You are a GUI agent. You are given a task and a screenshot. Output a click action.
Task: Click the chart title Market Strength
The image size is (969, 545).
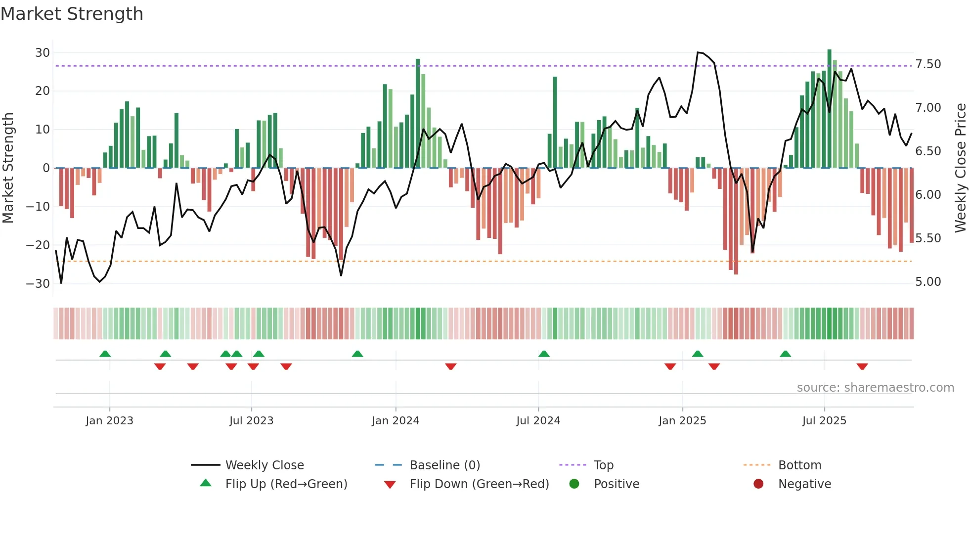point(72,14)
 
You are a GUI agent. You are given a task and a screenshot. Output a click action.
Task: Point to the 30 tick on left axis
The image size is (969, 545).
point(43,52)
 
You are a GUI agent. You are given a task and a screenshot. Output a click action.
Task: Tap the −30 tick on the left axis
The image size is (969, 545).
point(38,283)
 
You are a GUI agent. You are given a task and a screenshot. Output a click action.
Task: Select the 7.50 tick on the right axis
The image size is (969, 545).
point(928,64)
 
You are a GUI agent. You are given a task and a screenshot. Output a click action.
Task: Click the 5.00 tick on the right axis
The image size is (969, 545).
point(928,282)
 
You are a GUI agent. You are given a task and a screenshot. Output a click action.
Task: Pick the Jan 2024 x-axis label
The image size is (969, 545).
point(396,421)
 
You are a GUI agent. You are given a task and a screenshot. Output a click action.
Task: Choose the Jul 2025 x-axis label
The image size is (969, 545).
point(824,421)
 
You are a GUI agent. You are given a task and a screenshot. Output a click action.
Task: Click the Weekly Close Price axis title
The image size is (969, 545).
point(960,168)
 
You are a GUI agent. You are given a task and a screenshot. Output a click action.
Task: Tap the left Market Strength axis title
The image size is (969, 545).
point(8,168)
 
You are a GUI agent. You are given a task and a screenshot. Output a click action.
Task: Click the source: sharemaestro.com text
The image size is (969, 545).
point(875,388)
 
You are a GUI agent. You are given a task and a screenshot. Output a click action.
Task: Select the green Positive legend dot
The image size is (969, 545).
point(574,484)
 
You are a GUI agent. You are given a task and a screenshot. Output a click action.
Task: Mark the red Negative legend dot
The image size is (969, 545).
point(758,484)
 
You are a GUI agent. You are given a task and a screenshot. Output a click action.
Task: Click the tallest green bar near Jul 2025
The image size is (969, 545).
point(830,109)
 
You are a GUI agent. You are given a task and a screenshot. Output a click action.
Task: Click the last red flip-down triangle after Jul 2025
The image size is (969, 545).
point(862,366)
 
